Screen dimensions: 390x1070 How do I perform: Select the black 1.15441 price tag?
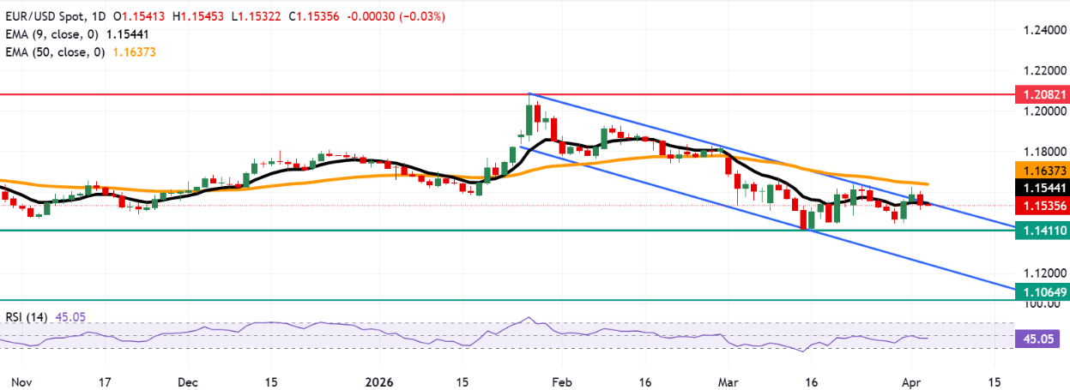[1039, 186]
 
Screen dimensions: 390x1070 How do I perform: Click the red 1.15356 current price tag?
[1039, 206]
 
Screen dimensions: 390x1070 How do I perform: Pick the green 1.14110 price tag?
[1039, 230]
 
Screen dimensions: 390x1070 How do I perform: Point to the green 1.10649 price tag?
[1039, 292]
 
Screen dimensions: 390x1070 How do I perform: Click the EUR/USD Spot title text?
[45, 16]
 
